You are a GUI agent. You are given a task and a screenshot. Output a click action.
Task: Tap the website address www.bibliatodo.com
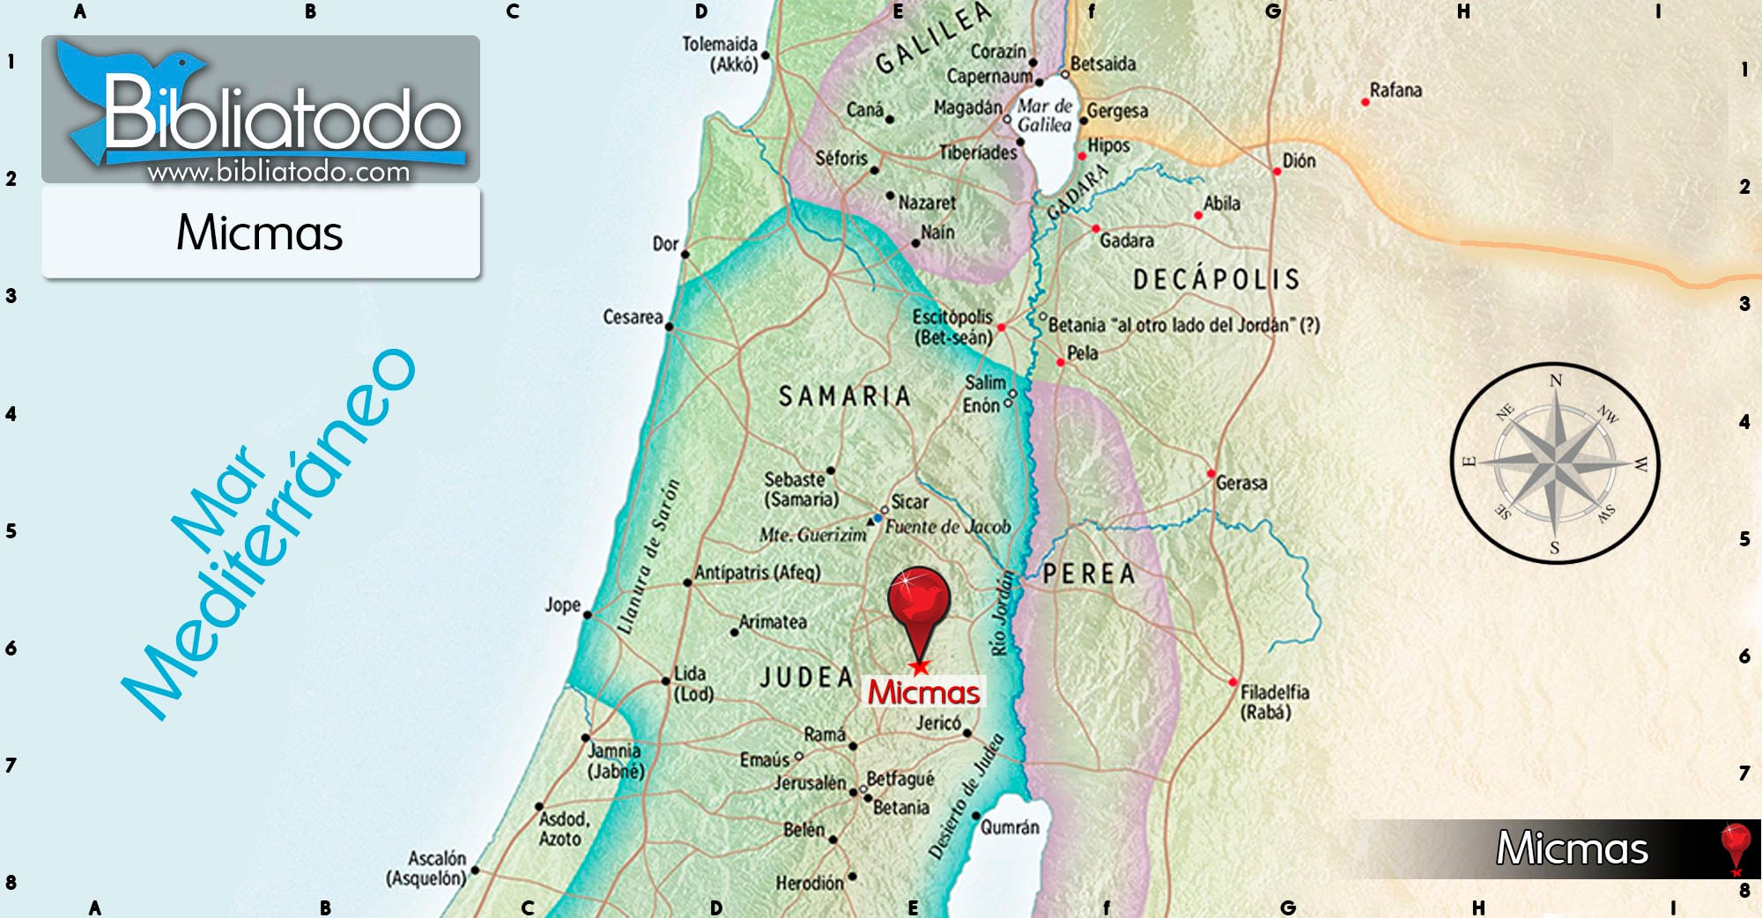pyautogui.click(x=278, y=172)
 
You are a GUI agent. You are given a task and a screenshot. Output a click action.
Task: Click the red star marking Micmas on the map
pyautogui.click(x=920, y=667)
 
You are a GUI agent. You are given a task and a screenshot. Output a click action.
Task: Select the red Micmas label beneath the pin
pyautogui.click(x=923, y=692)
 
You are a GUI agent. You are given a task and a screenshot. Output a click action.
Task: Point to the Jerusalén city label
pyautogui.click(x=810, y=783)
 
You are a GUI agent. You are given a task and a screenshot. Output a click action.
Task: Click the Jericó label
pyautogui.click(x=938, y=723)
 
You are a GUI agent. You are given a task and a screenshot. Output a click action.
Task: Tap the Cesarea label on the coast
pyautogui.click(x=633, y=317)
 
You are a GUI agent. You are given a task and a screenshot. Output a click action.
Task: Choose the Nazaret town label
pyautogui.click(x=927, y=203)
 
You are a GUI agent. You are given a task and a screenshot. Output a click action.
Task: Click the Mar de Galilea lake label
pyautogui.click(x=1045, y=115)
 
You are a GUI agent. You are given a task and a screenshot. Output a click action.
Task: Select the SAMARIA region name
pyautogui.click(x=844, y=396)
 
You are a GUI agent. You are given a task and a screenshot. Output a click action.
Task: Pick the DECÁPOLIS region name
pyautogui.click(x=1216, y=280)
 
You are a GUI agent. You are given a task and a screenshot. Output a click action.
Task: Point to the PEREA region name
pyautogui.click(x=1089, y=574)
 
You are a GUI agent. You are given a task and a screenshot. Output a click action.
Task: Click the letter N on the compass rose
pyautogui.click(x=1556, y=381)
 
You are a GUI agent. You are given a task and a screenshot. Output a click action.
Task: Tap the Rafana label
pyautogui.click(x=1396, y=90)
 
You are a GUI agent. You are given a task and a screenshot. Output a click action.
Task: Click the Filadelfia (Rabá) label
pyautogui.click(x=1274, y=702)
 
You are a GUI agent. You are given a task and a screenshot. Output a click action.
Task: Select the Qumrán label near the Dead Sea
pyautogui.click(x=1010, y=827)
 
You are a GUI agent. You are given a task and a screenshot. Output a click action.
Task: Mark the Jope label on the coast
pyautogui.click(x=562, y=605)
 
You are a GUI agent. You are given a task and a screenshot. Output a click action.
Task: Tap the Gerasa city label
pyautogui.click(x=1241, y=483)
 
